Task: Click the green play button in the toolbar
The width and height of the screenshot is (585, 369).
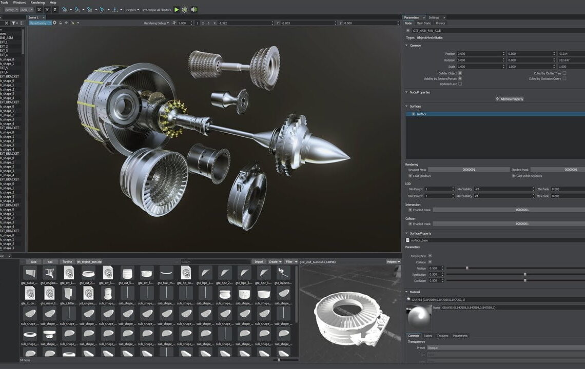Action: (x=177, y=10)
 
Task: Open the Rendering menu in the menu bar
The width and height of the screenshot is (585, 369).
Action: (x=37, y=3)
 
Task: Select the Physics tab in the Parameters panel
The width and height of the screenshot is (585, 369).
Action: (x=440, y=23)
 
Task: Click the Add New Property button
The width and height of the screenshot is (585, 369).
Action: (x=510, y=99)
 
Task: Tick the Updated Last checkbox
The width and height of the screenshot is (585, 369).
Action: (x=460, y=84)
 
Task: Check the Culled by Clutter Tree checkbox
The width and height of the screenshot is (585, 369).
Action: (x=564, y=73)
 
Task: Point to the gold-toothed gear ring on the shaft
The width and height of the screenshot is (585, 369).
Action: (x=171, y=118)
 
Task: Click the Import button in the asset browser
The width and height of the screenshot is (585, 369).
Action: (x=259, y=261)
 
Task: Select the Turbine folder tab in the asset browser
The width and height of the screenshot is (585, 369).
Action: (x=67, y=261)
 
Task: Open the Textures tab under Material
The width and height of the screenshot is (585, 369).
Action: (x=442, y=336)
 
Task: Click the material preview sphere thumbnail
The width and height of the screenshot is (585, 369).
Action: (x=418, y=317)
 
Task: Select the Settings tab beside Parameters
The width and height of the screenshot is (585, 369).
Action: (x=434, y=17)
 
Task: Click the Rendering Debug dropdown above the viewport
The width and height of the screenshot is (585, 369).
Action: (x=157, y=23)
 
